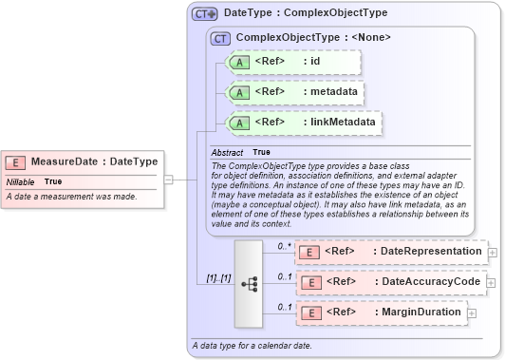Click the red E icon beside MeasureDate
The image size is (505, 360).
click(18, 162)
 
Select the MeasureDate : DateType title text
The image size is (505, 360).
click(95, 162)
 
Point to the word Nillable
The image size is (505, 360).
click(21, 180)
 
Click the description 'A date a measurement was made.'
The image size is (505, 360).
click(72, 197)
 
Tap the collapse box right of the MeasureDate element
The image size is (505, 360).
click(167, 178)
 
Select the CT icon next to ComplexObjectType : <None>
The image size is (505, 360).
click(221, 38)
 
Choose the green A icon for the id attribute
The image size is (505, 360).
click(241, 63)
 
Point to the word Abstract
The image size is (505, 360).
click(227, 152)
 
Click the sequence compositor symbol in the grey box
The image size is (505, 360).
click(250, 283)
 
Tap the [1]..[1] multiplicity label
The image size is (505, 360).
click(218, 277)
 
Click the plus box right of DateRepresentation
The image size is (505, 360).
click(492, 253)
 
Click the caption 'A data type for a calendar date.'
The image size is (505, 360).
click(252, 344)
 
